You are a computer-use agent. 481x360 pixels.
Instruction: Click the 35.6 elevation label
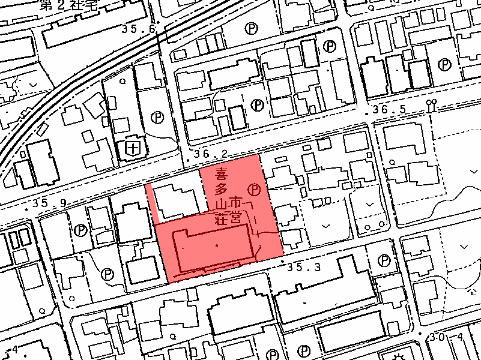pyautogui.click(x=139, y=29)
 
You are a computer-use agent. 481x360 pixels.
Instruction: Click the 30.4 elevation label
pyautogui.click(x=447, y=338)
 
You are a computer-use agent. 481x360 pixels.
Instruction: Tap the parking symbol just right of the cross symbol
pyautogui.click(x=157, y=116)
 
